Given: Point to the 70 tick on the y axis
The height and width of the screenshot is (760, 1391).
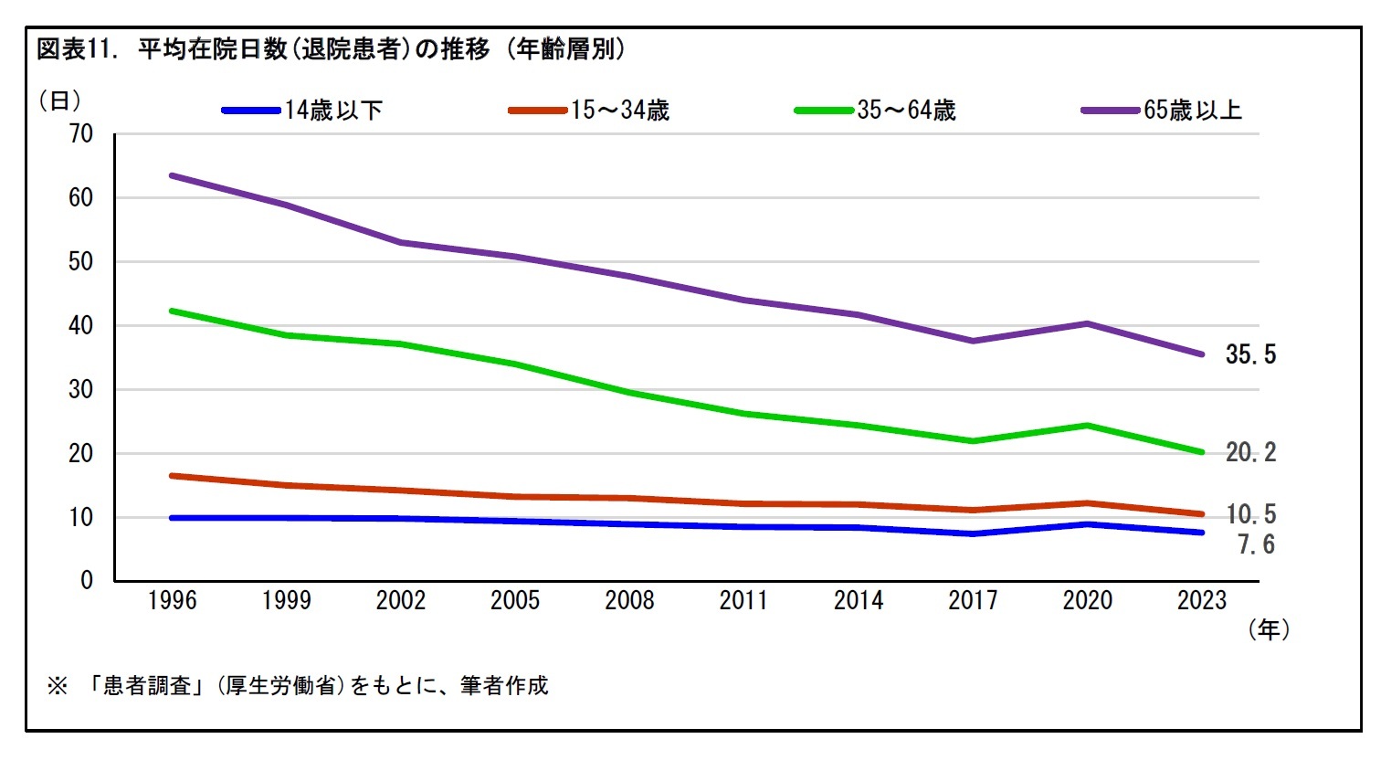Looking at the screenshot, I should pos(81,134).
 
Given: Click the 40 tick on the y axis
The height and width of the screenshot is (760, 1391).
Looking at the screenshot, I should pos(81,326).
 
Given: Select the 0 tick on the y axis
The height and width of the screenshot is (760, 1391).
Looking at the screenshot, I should pos(87,580).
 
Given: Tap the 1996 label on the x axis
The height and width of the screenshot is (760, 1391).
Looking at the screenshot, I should pos(172,601).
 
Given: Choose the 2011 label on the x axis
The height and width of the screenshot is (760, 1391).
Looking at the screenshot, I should pos(743,601).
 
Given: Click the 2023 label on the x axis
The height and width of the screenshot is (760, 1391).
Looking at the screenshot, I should pos(1201,601).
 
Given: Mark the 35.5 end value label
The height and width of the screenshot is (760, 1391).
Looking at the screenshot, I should pos(1250,354).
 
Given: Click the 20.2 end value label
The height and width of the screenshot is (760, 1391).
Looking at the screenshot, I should pos(1250,452).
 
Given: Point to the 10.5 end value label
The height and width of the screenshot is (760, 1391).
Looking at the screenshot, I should pos(1250,514).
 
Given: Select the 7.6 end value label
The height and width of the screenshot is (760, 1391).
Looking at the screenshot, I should pos(1256,545).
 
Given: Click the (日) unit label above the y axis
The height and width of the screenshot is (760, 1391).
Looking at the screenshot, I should pos(59,100).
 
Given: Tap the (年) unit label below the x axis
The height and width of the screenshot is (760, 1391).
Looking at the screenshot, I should pos(1269,629).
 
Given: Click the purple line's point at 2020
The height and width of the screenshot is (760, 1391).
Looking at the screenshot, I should pos(1087,323).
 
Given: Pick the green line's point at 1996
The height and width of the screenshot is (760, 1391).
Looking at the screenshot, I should pos(172,311).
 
